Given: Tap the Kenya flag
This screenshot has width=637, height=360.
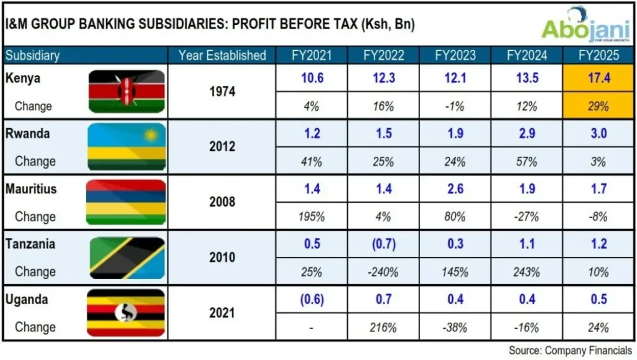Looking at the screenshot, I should [127, 91].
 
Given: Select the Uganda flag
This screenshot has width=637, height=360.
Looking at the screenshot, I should [127, 313].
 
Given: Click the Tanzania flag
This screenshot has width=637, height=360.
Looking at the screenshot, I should [127, 257].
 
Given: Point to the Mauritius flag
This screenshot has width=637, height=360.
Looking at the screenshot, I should [127, 202].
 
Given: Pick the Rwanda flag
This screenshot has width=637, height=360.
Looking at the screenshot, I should [127, 147].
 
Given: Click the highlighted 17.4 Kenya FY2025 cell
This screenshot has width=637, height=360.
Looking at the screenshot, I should [598, 78].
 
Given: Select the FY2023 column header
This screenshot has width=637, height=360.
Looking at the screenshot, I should [455, 55].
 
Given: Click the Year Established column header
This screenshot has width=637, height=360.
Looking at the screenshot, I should [222, 55].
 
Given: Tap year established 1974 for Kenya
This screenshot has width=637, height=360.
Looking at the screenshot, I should [222, 92].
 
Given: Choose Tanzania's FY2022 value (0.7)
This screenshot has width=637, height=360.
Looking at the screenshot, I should [383, 244].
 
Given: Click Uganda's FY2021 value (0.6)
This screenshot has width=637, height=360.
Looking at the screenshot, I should [312, 300].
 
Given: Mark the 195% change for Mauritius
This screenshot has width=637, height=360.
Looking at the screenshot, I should [312, 217].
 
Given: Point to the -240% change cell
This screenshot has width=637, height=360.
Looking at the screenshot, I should [383, 272].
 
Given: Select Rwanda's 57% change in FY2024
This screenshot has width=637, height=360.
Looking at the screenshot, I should [527, 162].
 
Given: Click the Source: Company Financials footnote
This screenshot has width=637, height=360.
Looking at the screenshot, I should [570, 351].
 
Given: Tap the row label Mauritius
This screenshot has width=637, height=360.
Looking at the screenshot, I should [30, 188].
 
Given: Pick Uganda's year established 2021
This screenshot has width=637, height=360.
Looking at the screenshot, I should [222, 313].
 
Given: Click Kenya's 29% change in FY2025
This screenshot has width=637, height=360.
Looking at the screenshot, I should [598, 106].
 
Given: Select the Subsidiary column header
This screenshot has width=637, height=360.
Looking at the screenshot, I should [32, 55].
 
